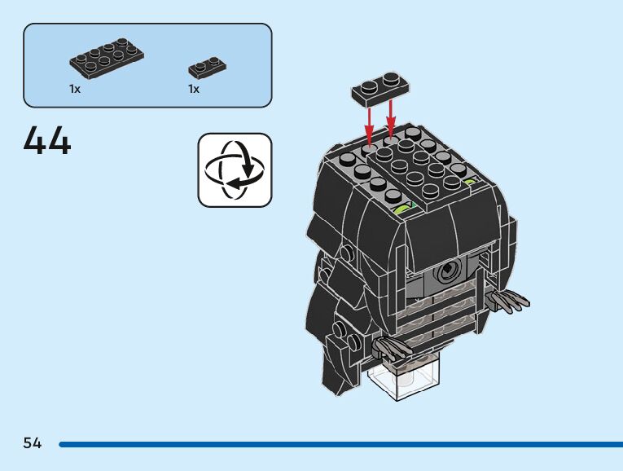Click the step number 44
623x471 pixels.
tap(47, 140)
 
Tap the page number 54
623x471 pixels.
tap(33, 443)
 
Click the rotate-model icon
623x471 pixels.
tap(235, 170)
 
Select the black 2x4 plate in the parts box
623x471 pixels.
tap(106, 55)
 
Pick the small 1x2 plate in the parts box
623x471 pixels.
tap(207, 67)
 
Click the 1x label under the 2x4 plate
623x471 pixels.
tap(75, 89)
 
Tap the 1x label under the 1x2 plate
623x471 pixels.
tap(194, 89)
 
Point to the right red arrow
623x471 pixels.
tap(392, 119)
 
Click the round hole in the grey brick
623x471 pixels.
tap(446, 273)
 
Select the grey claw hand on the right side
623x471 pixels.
tap(510, 300)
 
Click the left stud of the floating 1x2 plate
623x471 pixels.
tap(369, 84)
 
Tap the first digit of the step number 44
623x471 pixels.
tap(35, 140)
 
